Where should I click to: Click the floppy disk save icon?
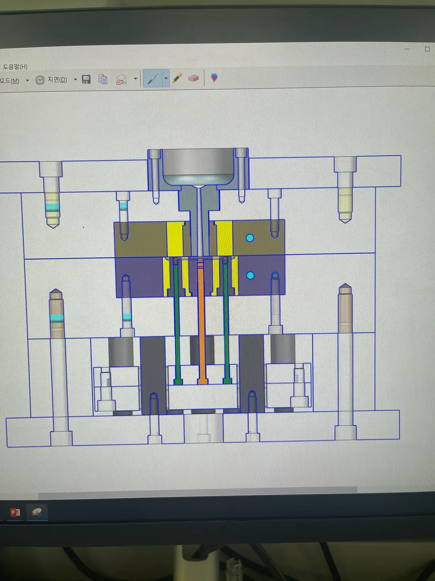[86, 80]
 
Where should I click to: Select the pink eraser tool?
[193, 78]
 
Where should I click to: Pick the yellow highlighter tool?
[177, 78]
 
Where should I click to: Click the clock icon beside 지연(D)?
[40, 80]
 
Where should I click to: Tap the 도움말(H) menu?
[15, 67]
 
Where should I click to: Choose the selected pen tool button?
[153, 78]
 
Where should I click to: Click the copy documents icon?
[103, 80]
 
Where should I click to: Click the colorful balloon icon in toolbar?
[214, 78]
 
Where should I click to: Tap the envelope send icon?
[121, 80]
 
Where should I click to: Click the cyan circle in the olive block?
[250, 238]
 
